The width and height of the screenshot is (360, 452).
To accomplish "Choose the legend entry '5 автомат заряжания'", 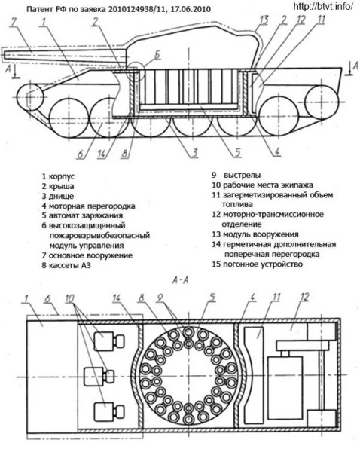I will click(84, 215).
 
